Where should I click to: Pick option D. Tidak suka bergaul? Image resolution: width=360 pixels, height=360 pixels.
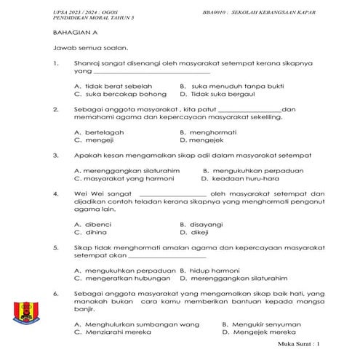tap(217, 94)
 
